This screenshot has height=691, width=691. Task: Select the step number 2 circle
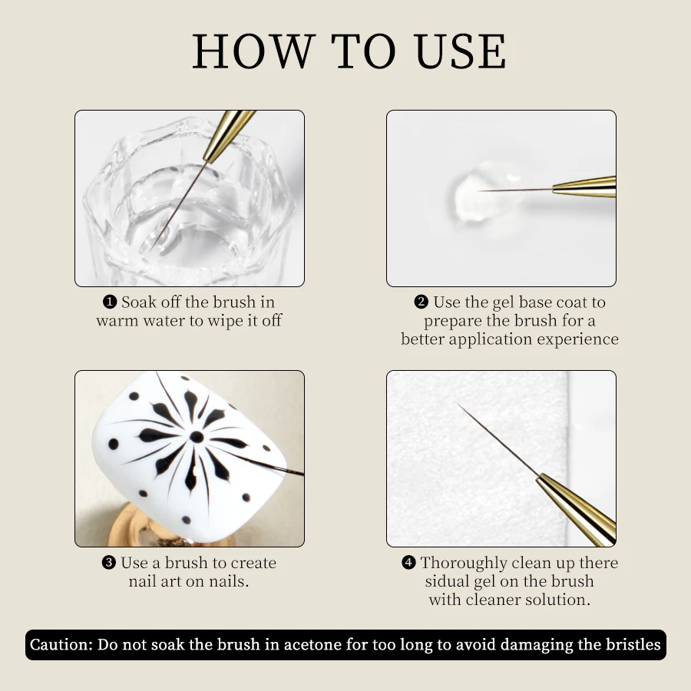pos(422,303)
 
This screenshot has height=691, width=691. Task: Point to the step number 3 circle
pos(109,564)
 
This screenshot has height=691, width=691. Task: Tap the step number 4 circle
pos(409,564)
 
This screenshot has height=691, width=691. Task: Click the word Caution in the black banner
pos(61,644)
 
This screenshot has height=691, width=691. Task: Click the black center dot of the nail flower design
pos(197,437)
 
